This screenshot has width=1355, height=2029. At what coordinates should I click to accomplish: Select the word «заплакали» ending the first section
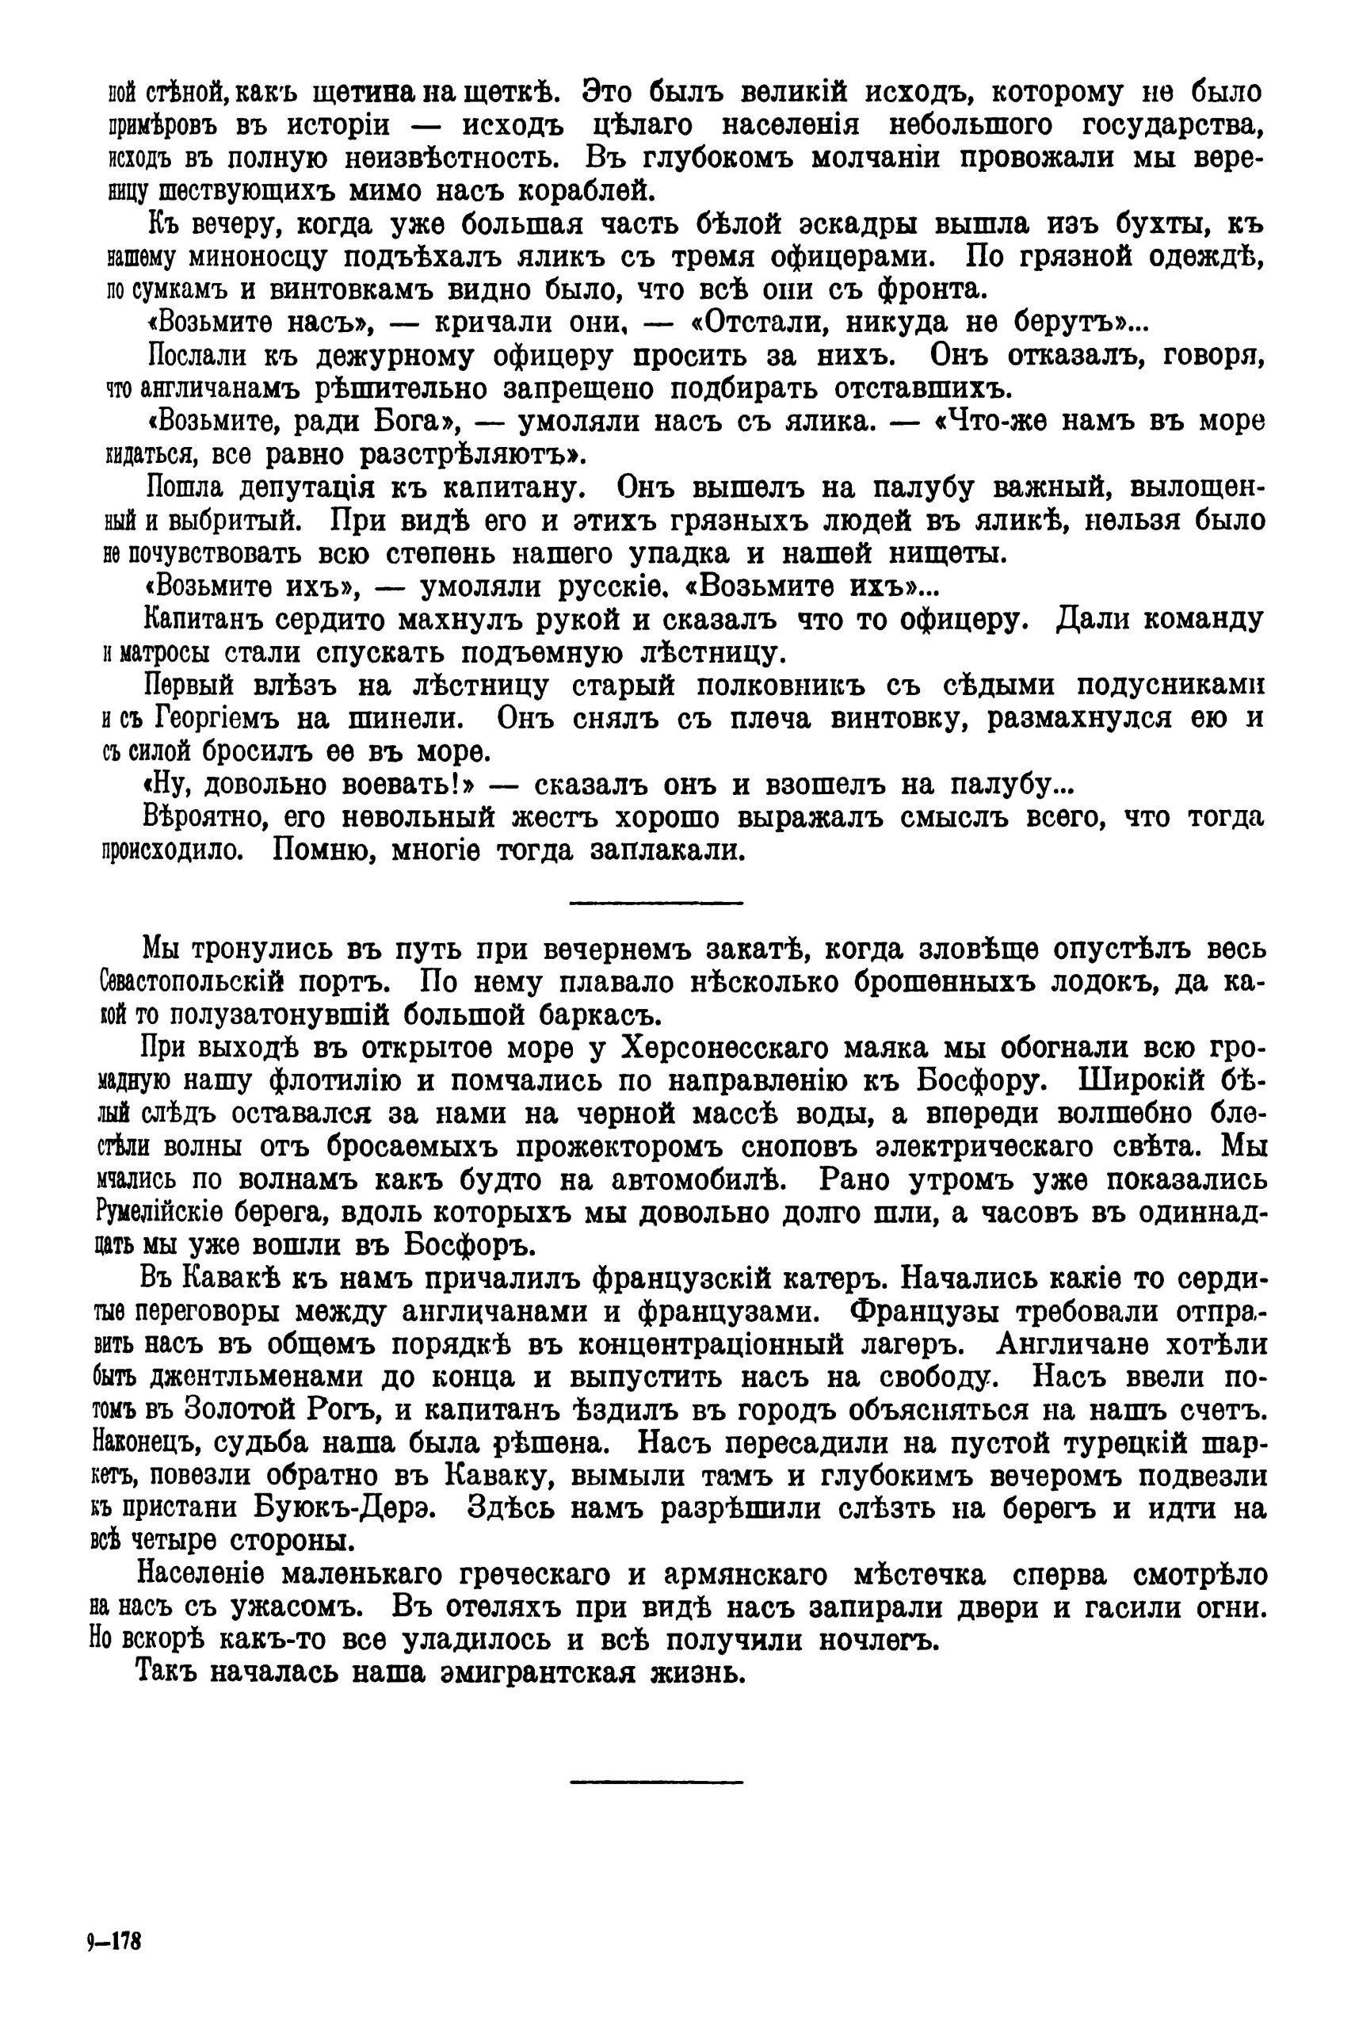[667, 851]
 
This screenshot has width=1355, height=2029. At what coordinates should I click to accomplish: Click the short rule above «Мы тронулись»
[656, 903]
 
